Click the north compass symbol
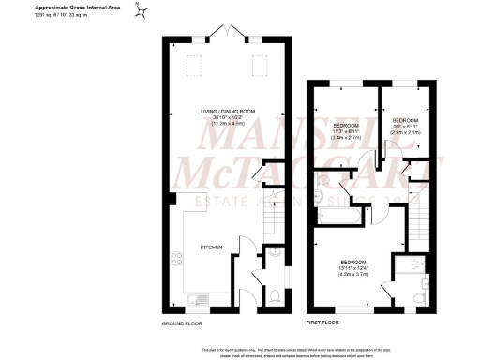point(142,12)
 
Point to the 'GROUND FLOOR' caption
point(182,322)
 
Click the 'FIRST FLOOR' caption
point(324,322)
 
